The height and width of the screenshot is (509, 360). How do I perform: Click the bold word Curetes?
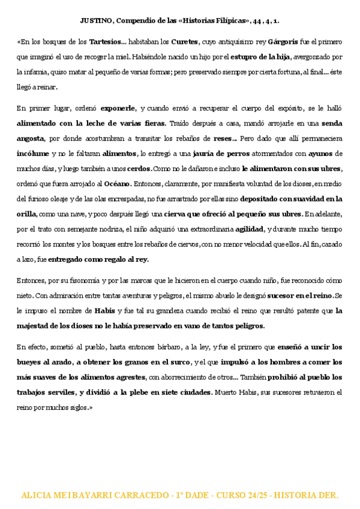click(184, 43)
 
